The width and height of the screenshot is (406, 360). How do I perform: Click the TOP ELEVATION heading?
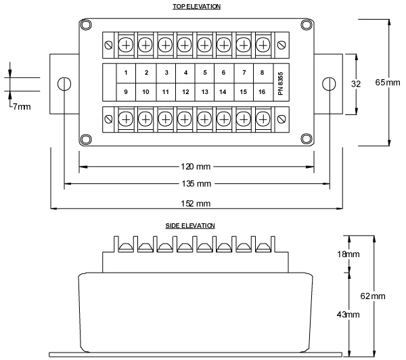(x=197, y=6)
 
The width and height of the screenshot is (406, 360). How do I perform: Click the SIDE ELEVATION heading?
(x=190, y=226)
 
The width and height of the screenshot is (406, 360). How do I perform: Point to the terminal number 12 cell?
(x=185, y=91)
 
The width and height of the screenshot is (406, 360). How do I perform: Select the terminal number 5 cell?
(x=204, y=72)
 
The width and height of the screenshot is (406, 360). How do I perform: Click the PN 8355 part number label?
(x=281, y=82)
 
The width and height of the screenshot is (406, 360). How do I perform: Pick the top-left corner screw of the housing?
(x=85, y=24)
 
